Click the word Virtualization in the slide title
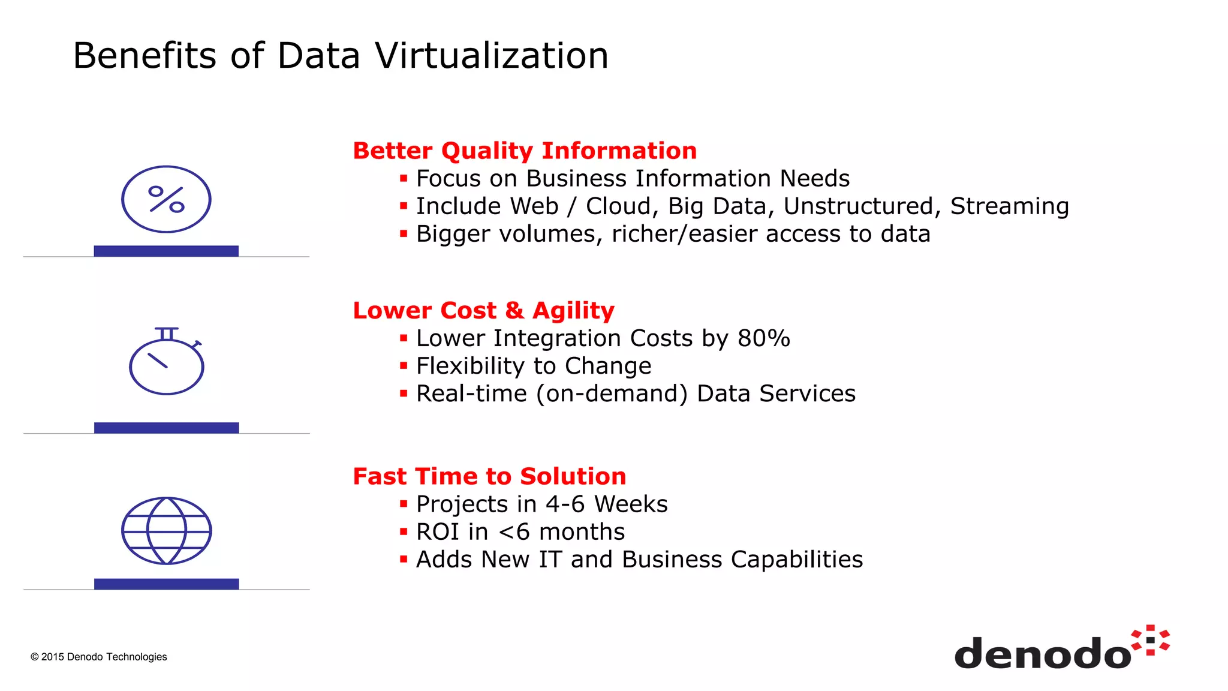[492, 55]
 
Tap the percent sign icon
[166, 199]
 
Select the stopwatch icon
[167, 362]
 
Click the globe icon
[167, 531]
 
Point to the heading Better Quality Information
[525, 151]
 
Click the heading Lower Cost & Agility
[483, 311]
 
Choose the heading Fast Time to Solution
[489, 476]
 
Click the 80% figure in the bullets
[763, 338]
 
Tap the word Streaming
[1010, 206]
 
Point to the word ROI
[438, 532]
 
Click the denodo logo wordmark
[1042, 653]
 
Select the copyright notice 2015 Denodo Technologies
[99, 657]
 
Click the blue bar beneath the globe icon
[167, 584]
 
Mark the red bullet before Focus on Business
[404, 178]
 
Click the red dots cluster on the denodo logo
[1151, 640]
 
